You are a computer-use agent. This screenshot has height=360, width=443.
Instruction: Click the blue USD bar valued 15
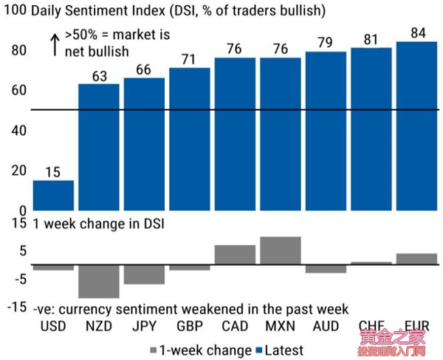coord(53,195)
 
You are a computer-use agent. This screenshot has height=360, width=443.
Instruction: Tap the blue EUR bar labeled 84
coord(416,125)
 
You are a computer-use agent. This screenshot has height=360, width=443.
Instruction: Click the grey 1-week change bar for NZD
coord(99,281)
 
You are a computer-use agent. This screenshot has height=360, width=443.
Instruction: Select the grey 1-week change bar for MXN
coord(281,251)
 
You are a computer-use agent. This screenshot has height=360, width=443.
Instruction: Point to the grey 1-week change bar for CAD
coord(235,255)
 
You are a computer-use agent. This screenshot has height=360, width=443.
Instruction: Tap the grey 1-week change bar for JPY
coord(144,274)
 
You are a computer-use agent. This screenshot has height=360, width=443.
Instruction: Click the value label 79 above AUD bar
coord(326,44)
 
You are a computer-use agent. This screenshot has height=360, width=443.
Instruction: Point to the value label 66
coord(144,69)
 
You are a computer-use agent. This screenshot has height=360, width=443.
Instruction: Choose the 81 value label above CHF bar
coord(371,38)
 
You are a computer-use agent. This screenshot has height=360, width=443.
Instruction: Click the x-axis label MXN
coord(281,326)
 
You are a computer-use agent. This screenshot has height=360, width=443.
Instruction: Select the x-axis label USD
coord(53,326)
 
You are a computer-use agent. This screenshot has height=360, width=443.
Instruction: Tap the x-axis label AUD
coord(326,326)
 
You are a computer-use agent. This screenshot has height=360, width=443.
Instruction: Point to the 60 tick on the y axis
coord(18,91)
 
